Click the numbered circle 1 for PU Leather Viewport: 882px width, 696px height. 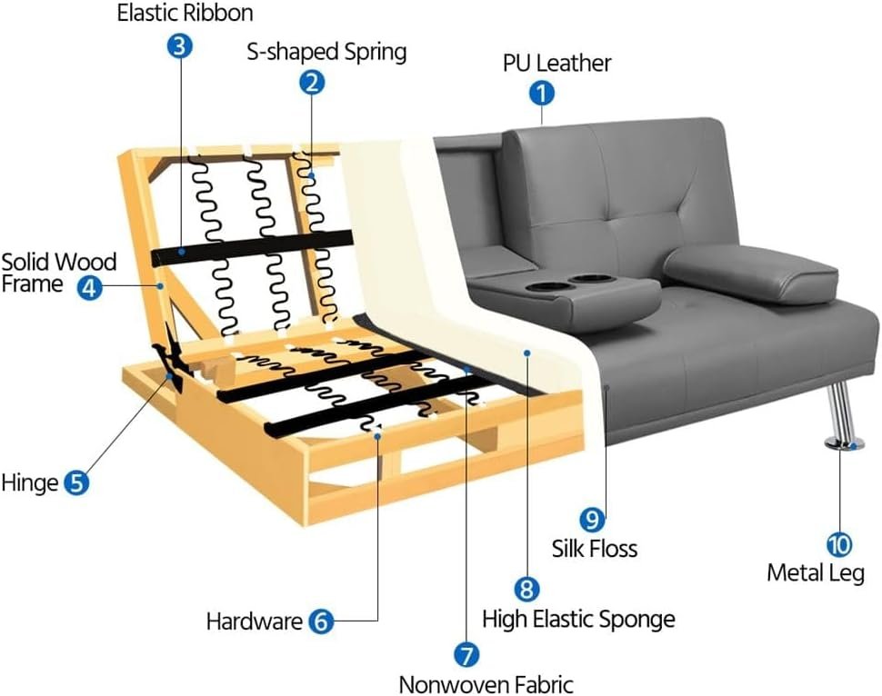pyautogui.click(x=542, y=94)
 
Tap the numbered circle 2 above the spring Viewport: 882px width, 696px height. pyautogui.click(x=312, y=82)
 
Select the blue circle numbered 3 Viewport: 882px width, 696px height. pyautogui.click(x=179, y=45)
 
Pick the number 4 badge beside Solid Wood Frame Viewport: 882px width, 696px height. pyautogui.click(x=89, y=287)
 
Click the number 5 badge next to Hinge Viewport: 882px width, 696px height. pyautogui.click(x=76, y=482)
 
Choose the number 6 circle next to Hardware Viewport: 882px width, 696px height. pyautogui.click(x=321, y=621)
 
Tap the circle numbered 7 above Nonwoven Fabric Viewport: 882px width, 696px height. pyautogui.click(x=466, y=654)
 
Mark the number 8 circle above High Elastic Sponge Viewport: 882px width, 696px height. pyautogui.click(x=526, y=589)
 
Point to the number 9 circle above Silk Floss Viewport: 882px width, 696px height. pyautogui.click(x=592, y=519)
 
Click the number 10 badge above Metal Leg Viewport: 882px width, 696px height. pyautogui.click(x=839, y=544)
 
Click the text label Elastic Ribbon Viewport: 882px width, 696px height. pyautogui.click(x=185, y=13)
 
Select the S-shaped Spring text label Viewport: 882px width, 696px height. pyautogui.click(x=326, y=53)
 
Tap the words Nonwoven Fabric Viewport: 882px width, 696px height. pyautogui.click(x=486, y=684)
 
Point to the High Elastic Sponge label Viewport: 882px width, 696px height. pyautogui.click(x=578, y=620)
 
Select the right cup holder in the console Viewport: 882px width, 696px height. pyautogui.click(x=584, y=279)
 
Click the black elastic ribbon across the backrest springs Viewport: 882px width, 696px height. pyautogui.click(x=252, y=247)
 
